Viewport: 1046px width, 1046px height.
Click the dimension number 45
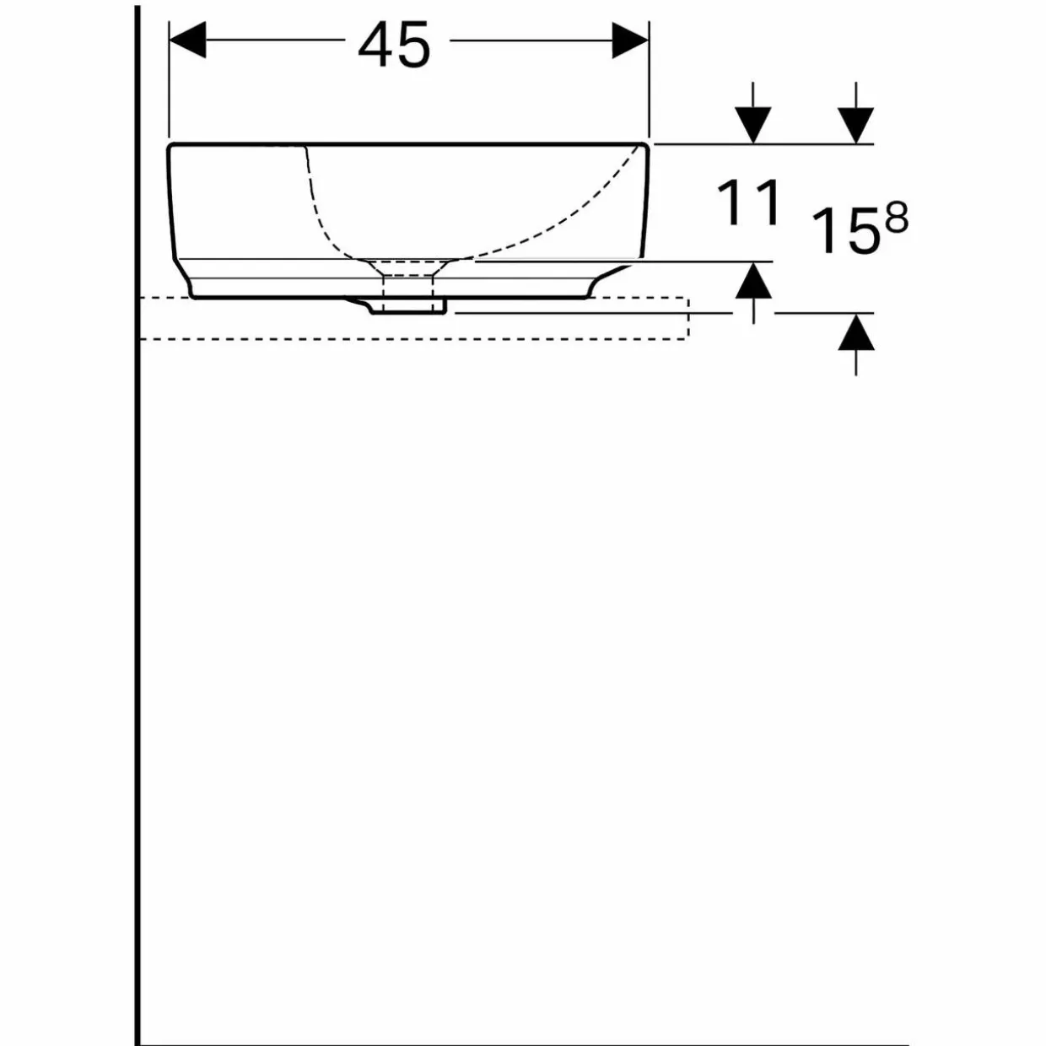(395, 46)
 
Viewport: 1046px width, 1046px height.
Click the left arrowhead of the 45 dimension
(188, 40)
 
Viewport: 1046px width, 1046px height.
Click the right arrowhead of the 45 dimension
(630, 40)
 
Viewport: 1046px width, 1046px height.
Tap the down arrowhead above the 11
(753, 126)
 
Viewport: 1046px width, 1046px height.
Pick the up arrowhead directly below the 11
(753, 280)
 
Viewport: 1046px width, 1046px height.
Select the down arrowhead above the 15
(855, 126)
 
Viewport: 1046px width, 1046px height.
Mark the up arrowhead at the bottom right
(856, 332)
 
